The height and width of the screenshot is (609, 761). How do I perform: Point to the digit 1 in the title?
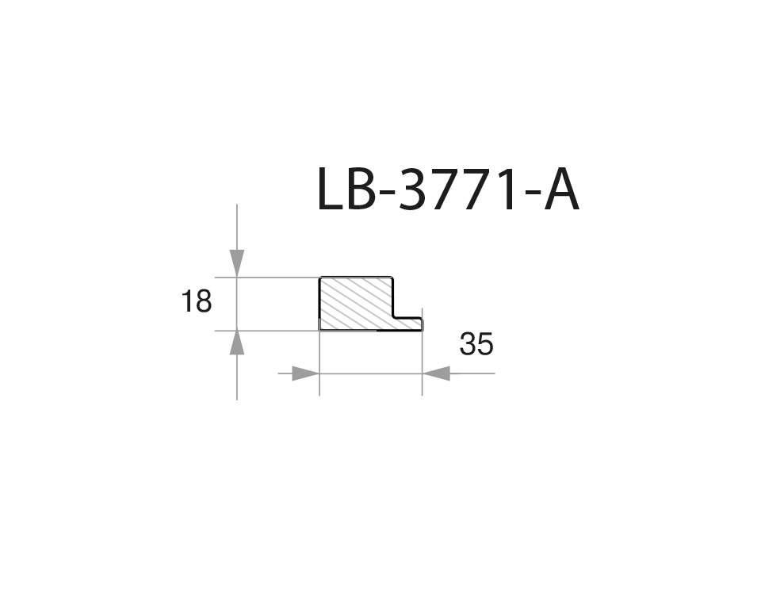coord(504,190)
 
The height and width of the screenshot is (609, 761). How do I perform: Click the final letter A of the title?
coord(560,190)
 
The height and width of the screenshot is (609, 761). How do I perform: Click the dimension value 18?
coord(196,301)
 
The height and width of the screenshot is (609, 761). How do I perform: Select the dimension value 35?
coord(476,344)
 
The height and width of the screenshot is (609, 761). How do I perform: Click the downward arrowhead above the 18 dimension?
coord(237,262)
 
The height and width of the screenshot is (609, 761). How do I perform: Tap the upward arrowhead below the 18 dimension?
coord(237,343)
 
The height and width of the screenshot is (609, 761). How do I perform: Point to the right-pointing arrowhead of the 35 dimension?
coord(305,373)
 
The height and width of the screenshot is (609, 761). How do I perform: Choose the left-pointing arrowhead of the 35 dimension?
coord(436,373)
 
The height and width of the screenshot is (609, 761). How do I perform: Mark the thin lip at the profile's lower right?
coord(408,324)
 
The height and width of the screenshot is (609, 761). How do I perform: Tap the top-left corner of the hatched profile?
coord(320,278)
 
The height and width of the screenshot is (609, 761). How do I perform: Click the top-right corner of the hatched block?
coord(393,278)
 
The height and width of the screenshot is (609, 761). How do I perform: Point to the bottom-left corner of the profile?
coord(320,329)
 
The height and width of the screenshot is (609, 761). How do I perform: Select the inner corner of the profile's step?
coord(394,317)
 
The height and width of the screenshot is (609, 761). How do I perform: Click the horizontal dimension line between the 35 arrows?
coord(370,373)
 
